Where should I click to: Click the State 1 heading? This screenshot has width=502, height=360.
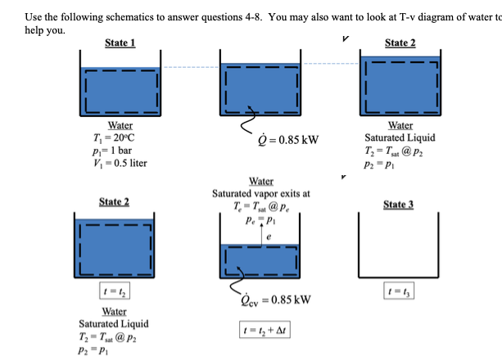point(120,43)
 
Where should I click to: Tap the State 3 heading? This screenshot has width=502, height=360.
point(400,204)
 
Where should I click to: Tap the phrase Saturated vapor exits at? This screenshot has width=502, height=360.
point(260,193)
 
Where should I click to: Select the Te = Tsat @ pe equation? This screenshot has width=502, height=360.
point(260,205)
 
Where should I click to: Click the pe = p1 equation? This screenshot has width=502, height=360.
point(260,218)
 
